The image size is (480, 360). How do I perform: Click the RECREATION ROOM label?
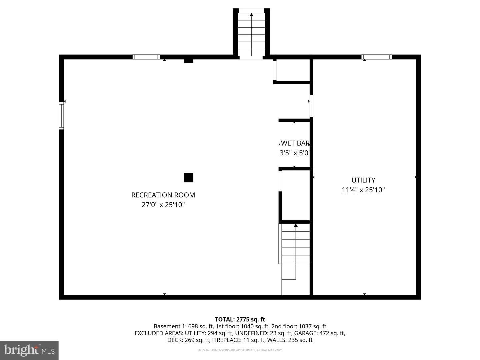[163, 195]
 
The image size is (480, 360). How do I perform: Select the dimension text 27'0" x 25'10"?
[163, 205]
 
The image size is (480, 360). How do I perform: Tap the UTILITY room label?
[363, 180]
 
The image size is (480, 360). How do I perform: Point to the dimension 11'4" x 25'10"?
[363, 190]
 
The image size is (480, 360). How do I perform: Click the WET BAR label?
[295, 143]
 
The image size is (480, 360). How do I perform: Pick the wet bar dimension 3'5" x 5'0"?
[295, 153]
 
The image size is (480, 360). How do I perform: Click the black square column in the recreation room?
[189, 178]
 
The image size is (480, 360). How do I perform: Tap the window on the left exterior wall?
[61, 116]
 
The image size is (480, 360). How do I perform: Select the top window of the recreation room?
[146, 57]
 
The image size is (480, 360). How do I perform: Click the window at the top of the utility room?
[377, 57]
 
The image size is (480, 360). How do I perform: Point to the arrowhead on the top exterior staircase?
[251, 15]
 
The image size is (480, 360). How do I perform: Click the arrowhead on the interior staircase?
[296, 225]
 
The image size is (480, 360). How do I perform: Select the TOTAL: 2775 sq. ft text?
[240, 319]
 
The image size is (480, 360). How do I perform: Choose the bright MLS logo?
[29, 350]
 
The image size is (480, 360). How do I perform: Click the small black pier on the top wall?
[189, 61]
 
